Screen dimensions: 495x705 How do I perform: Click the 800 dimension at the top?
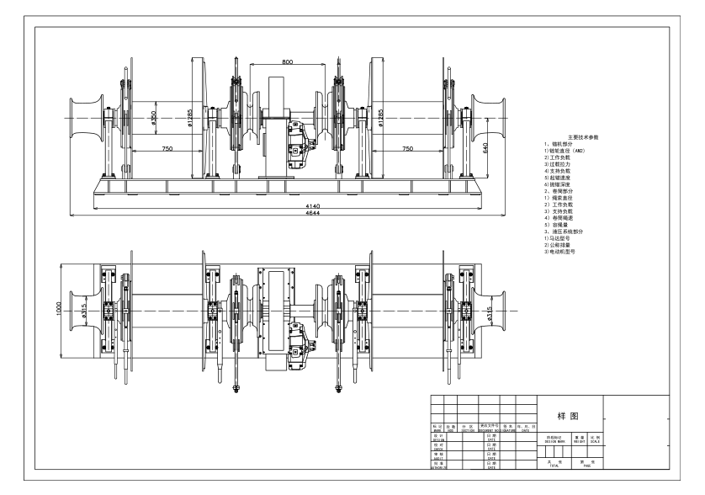(x=289, y=61)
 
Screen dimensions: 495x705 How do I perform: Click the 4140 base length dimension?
(x=289, y=205)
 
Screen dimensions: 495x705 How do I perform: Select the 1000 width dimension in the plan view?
(x=58, y=309)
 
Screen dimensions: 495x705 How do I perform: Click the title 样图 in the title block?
(x=565, y=417)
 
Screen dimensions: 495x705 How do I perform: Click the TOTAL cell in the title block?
(x=552, y=464)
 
